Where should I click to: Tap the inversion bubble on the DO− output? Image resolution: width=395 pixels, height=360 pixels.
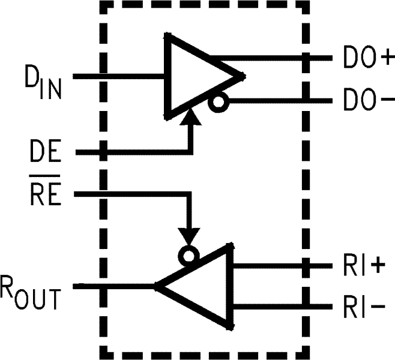pyautogui.click(x=218, y=103)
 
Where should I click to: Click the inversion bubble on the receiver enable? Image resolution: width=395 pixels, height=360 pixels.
pyautogui.click(x=190, y=256)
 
